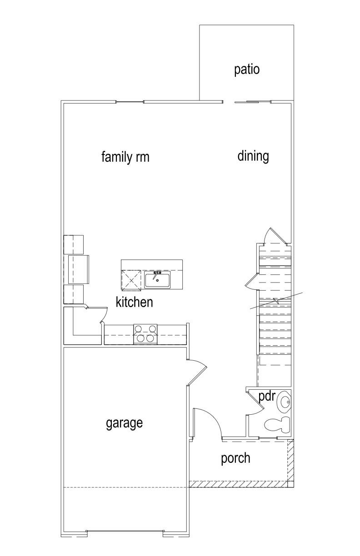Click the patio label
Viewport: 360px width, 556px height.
247,69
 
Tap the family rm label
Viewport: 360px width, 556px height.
125,157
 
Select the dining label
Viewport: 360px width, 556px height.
253,156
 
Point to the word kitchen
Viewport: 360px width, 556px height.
134,302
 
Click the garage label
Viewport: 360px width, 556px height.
124,423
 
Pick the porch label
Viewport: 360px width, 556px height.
235,458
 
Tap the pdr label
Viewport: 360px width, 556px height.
267,396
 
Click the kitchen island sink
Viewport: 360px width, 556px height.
157,280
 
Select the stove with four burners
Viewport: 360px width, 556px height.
145,334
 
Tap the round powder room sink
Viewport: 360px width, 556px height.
285,402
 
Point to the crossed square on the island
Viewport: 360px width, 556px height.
131,279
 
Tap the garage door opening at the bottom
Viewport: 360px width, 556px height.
125,532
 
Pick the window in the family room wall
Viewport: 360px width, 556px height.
130,102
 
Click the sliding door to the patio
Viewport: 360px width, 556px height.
253,102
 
